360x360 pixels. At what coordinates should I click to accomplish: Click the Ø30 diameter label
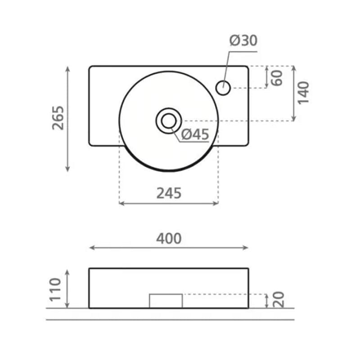[243, 40]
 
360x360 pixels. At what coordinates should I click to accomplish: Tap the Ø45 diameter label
[195, 134]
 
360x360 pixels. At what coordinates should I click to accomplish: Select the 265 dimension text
[58, 118]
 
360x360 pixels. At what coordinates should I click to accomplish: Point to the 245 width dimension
[169, 193]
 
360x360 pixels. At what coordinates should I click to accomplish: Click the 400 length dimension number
[169, 238]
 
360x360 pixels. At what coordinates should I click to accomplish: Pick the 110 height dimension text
[55, 289]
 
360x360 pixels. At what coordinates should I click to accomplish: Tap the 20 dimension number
[279, 300]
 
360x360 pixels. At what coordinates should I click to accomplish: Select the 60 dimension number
[277, 78]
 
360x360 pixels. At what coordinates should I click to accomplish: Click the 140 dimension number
[303, 93]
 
